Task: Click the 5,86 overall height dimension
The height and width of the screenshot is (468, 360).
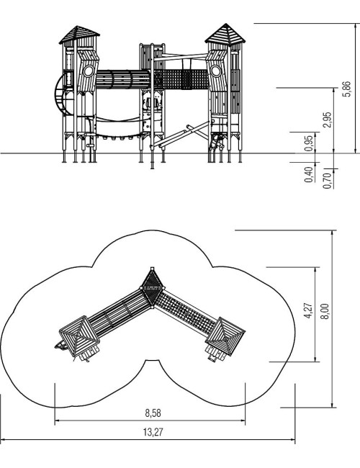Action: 346,89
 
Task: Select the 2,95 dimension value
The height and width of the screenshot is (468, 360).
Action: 328,120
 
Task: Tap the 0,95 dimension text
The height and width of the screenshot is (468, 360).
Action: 309,143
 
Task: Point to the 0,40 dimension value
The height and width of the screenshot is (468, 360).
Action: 309,175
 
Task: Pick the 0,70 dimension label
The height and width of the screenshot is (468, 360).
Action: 327,181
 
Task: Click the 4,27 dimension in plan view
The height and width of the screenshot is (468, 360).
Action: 309,311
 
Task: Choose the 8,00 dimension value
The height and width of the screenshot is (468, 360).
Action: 325,311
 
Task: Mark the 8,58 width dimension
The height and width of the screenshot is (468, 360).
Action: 153,413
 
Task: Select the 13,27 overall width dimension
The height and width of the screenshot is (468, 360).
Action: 153,432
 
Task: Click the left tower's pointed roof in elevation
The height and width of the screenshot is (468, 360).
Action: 79,35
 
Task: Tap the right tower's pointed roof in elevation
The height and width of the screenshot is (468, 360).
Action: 225,33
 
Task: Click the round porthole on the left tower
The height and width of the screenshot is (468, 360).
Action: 89,71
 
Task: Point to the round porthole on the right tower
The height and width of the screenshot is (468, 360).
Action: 215,71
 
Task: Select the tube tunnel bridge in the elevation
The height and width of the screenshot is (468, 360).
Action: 122,79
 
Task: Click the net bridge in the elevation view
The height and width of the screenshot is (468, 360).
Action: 181,79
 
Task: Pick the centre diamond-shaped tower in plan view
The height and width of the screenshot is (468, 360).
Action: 152,287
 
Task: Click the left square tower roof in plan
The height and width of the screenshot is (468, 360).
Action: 79,336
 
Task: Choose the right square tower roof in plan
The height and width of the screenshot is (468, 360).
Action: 225,336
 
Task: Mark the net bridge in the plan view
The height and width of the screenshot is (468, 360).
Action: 186,312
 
